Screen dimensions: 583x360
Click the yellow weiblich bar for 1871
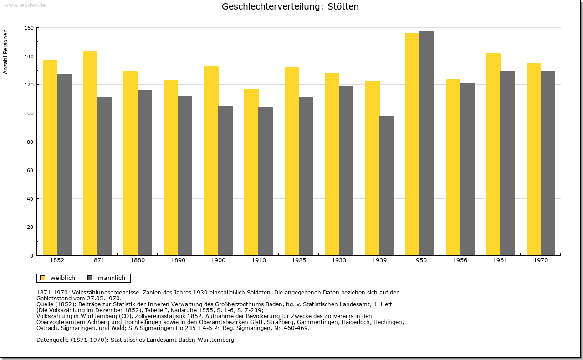(90, 153)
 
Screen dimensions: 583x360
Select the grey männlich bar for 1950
(427, 143)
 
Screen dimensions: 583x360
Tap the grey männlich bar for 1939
(387, 186)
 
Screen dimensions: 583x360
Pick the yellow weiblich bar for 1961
(493, 154)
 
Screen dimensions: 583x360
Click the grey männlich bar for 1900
(225, 181)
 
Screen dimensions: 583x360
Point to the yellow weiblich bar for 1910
(251, 172)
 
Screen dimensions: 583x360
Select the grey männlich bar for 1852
(64, 165)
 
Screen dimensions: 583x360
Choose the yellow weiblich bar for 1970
(533, 159)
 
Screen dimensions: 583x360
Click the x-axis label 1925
(299, 260)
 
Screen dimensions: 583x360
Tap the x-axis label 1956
(460, 260)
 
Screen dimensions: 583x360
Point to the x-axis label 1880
(138, 260)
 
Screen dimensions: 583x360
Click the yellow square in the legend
(42, 278)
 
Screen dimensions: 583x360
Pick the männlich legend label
(112, 278)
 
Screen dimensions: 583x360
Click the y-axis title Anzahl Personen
(5, 52)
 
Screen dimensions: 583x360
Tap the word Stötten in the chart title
(343, 6)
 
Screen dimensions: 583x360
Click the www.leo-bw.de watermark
(25, 5)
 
